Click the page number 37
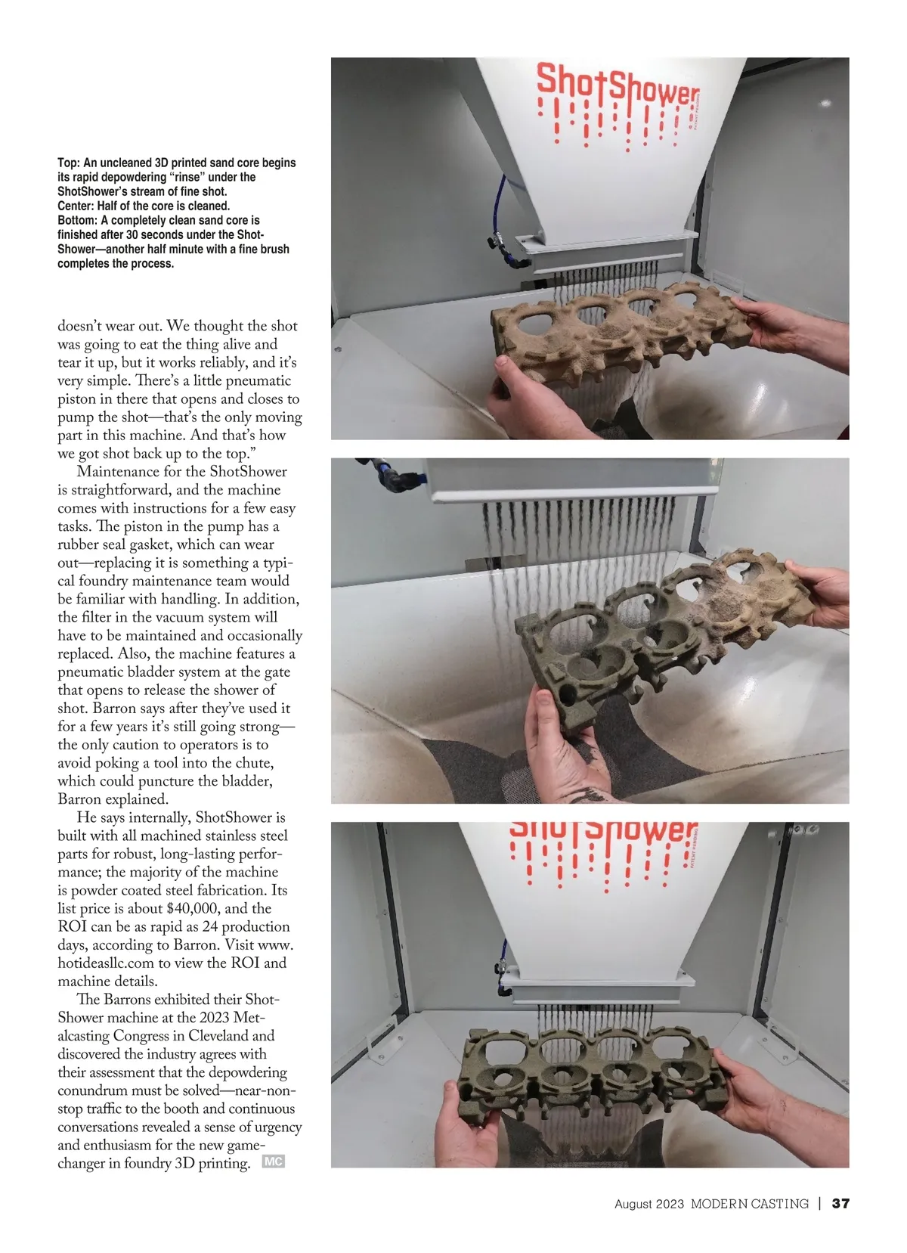(840, 1204)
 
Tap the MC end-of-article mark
(273, 1162)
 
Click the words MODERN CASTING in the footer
(749, 1204)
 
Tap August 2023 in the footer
(649, 1204)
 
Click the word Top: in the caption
(68, 163)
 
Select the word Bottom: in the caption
(77, 220)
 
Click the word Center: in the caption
(76, 206)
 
